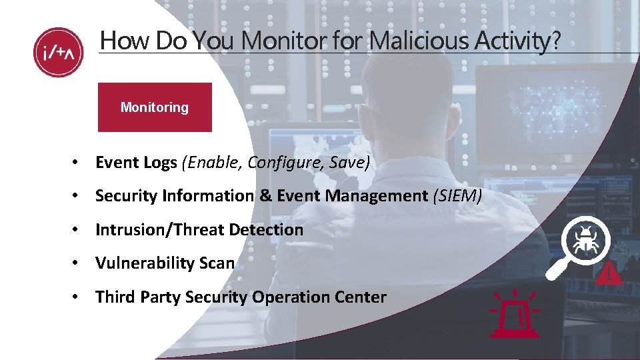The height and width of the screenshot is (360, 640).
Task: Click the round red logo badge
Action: coord(58,53)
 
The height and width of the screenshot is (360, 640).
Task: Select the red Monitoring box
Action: coord(155,107)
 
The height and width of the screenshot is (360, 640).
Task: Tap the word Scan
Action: coord(216,263)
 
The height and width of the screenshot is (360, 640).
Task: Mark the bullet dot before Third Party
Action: coord(78,297)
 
